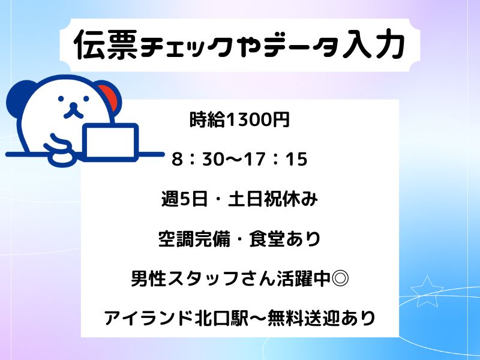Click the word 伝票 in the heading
106,44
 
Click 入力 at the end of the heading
373,44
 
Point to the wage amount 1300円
257,119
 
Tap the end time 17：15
275,159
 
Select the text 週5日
184,199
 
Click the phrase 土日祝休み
273,199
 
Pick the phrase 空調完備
194,239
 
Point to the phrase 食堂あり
284,239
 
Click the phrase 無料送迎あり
322,319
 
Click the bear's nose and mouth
73,111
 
